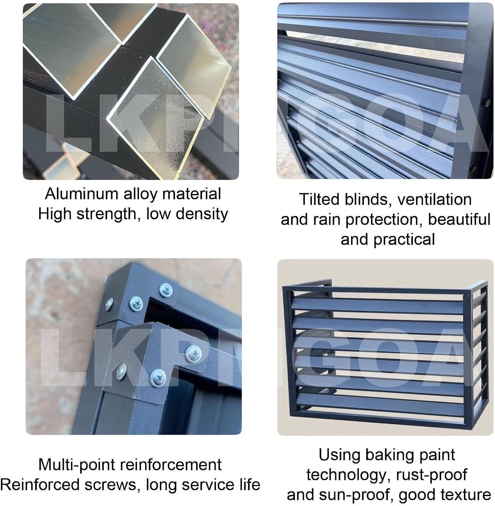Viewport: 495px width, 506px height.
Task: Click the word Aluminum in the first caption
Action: coord(82,194)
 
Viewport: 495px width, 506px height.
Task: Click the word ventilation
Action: coord(435,199)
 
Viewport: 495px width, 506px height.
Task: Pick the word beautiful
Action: coord(459,219)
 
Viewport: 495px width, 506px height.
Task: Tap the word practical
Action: coord(404,240)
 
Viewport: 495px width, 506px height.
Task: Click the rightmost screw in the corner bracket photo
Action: coord(194,353)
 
